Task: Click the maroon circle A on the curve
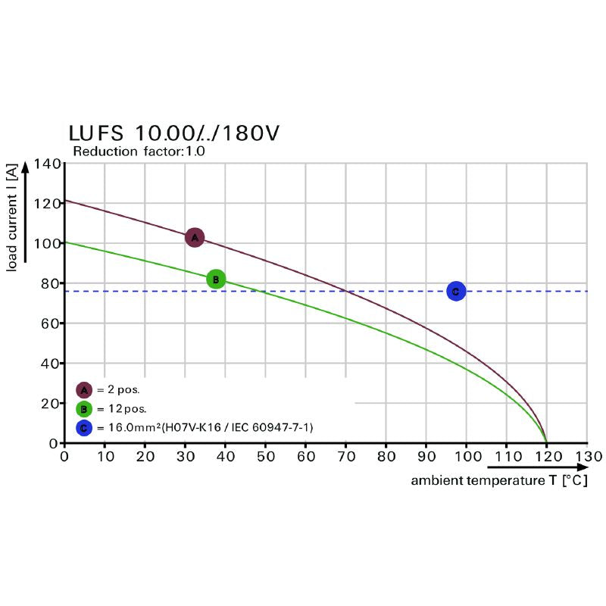[195, 238]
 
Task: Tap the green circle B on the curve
[216, 280]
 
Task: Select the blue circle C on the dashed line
[455, 291]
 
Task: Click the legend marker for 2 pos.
[84, 390]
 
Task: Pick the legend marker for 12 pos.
[84, 409]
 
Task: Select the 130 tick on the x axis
[588, 457]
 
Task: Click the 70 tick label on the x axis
[346, 457]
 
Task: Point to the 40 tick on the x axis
[225, 457]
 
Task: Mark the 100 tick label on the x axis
[467, 457]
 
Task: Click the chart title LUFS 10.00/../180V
[174, 133]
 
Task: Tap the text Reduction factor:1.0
[139, 151]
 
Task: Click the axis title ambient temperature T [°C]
[499, 481]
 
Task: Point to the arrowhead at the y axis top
[25, 164]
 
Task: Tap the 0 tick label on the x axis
[64, 457]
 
